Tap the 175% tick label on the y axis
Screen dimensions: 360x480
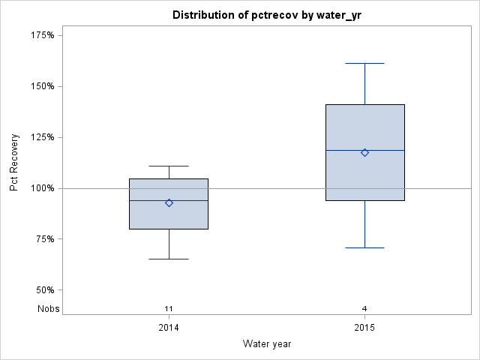pos(42,35)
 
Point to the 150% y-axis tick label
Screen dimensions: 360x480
pos(42,86)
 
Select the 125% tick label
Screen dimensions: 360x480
pos(42,137)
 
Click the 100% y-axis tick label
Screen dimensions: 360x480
pos(42,188)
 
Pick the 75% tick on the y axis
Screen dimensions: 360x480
pos(44,239)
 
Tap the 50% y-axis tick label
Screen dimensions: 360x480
pos(44,290)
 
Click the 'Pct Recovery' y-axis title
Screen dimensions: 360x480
pos(14,163)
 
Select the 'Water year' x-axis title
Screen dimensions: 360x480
pos(267,343)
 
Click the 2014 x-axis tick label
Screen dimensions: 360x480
pos(169,328)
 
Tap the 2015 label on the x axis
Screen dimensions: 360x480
pos(364,328)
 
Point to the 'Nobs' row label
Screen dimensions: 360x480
pos(49,308)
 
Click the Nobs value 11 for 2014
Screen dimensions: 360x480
pos(169,308)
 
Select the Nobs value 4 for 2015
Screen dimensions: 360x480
pos(364,308)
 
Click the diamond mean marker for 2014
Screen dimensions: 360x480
pos(169,202)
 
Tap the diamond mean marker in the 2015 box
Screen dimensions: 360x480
pos(364,152)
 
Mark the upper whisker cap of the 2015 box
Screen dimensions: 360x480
pos(364,64)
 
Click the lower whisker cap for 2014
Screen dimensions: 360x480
pos(169,259)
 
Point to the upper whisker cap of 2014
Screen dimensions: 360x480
pos(169,166)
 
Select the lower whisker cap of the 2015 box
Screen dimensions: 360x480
pos(364,247)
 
